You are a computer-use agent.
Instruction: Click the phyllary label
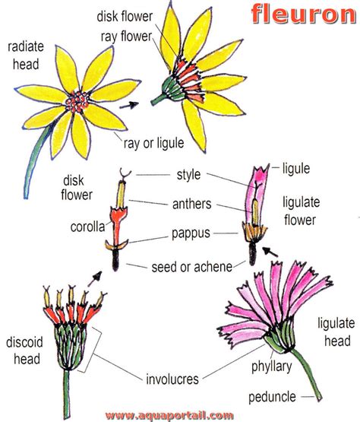pyautogui.click(x=270, y=367)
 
